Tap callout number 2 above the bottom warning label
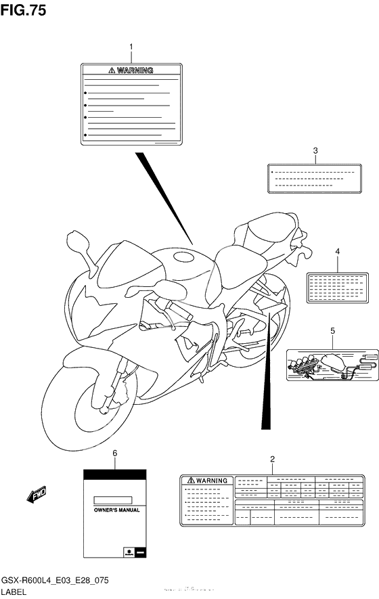click(272, 460)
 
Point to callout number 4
click(336, 252)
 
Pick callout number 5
click(332, 330)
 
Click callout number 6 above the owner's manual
click(114, 453)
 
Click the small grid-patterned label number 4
click(336, 287)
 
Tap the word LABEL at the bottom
click(16, 592)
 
